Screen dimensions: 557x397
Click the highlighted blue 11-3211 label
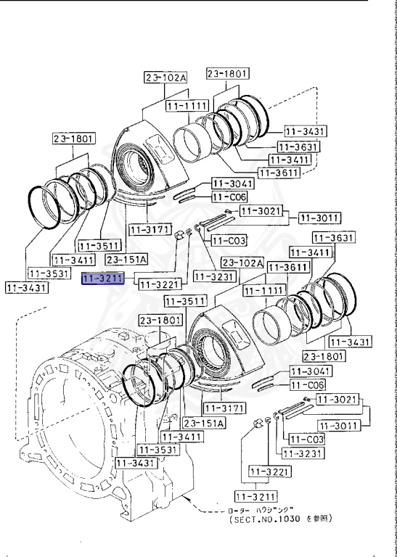click(x=103, y=278)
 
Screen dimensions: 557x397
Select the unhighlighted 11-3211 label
click(x=256, y=497)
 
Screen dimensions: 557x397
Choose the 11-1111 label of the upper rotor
click(x=187, y=106)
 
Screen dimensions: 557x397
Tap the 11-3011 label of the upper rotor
click(x=320, y=217)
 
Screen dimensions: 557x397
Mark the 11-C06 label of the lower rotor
click(x=307, y=384)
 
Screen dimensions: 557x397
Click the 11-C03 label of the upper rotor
click(x=229, y=240)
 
